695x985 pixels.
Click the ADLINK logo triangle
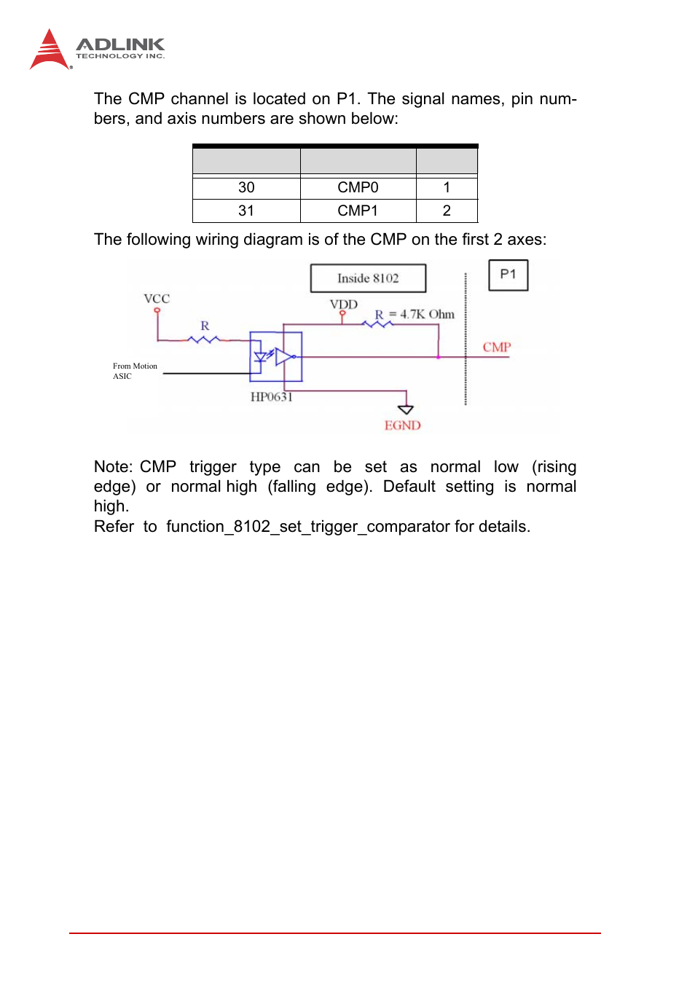point(49,51)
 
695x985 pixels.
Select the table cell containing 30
point(246,188)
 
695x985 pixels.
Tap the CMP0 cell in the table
point(358,188)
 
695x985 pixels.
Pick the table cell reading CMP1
point(358,211)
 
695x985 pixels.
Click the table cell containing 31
point(246,211)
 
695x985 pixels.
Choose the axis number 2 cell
point(447,211)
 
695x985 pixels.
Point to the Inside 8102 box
point(368,278)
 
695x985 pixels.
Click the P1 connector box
point(508,275)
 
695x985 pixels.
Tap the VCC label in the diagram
point(157,299)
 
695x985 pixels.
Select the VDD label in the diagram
point(344,305)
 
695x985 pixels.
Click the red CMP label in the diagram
point(497,348)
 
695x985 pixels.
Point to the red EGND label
point(402,425)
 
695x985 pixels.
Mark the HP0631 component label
point(271,397)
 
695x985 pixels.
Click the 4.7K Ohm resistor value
point(427,315)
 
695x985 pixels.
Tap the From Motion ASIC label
point(135,371)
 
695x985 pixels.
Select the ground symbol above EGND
point(406,409)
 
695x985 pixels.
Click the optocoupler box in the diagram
point(276,357)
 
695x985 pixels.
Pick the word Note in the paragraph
point(111,467)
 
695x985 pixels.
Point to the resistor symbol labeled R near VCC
point(204,339)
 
